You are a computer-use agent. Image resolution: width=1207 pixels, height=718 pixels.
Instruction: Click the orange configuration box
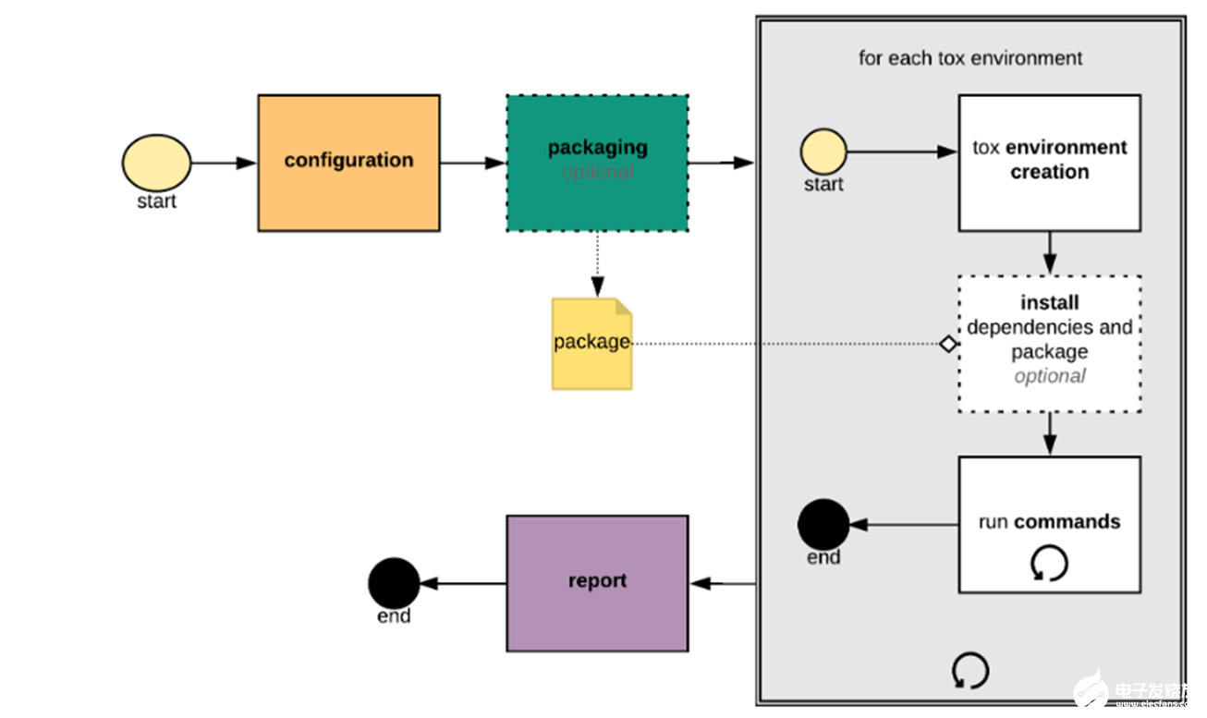point(348,163)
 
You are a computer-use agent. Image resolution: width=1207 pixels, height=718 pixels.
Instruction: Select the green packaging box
point(597,163)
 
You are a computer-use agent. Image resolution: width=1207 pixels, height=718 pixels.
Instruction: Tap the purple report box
point(597,583)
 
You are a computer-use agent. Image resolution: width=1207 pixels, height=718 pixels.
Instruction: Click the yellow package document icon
point(591,344)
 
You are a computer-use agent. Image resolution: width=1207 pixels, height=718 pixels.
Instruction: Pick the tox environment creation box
point(1049,163)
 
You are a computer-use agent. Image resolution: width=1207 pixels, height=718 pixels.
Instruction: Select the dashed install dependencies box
point(1049,343)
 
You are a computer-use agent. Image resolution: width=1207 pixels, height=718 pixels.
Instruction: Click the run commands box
point(1049,524)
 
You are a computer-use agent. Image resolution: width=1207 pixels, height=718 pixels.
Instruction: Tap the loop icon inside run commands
point(1049,563)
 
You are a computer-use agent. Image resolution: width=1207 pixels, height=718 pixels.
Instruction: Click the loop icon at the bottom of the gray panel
point(969,671)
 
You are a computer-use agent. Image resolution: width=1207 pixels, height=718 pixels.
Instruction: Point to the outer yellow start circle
point(156,163)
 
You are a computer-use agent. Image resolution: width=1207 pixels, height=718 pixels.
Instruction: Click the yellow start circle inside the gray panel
point(823,152)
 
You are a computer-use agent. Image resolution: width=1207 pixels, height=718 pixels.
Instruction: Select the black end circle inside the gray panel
point(823,524)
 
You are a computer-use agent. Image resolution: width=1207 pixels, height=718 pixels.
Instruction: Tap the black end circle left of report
point(394,583)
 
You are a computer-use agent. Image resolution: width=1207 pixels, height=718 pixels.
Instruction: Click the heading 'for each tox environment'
point(970,58)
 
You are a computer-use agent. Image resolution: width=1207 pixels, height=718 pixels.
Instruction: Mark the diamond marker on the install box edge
point(948,344)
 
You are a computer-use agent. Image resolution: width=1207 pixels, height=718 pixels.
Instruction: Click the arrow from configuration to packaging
point(472,164)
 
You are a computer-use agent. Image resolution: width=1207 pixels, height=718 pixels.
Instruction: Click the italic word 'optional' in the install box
point(1049,376)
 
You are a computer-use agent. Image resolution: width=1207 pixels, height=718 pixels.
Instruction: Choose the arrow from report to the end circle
point(463,583)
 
